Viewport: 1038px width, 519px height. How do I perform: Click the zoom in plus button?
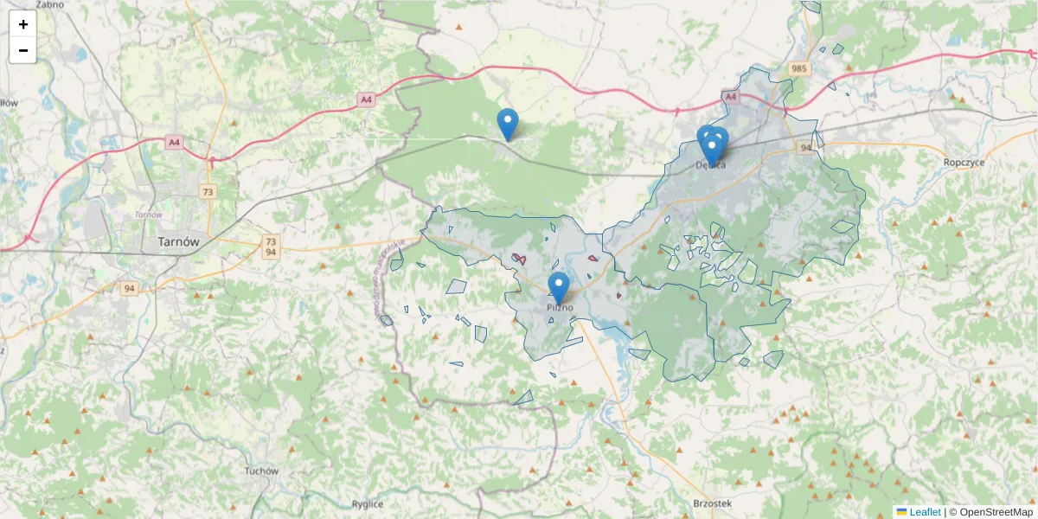coord(23,24)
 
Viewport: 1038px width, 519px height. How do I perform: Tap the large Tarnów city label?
coord(179,242)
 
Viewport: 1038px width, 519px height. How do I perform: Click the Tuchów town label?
coord(261,471)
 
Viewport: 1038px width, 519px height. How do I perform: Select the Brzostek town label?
coord(713,503)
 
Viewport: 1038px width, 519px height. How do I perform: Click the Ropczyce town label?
coord(965,162)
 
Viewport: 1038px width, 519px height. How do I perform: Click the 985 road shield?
coord(799,67)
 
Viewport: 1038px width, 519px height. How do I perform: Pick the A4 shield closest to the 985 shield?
coord(731,97)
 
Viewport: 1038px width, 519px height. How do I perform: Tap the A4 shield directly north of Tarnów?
coord(175,141)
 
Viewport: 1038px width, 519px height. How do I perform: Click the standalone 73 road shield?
coord(207,191)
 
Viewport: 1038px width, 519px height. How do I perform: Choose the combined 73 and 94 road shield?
coord(271,247)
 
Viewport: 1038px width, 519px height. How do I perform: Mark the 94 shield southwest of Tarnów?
coord(130,288)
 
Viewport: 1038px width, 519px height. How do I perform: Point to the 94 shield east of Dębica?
coord(806,148)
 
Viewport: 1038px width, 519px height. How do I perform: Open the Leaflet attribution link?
coord(924,512)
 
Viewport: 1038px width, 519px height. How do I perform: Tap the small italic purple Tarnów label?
coord(149,215)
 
